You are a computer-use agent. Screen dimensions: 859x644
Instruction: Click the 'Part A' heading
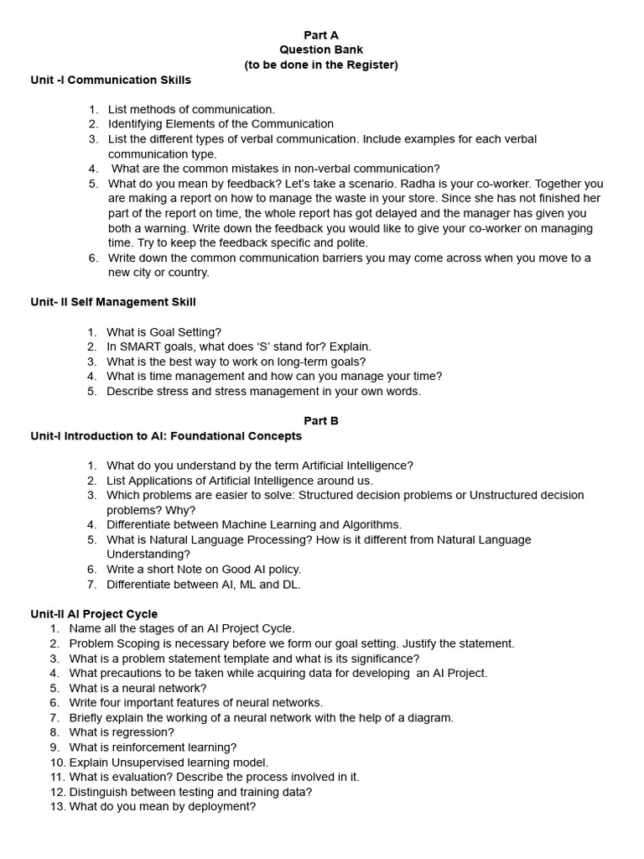pos(321,35)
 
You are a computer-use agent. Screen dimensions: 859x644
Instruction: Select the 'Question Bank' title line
pos(321,49)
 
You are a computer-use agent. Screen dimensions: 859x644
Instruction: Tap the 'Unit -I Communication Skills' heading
pos(111,81)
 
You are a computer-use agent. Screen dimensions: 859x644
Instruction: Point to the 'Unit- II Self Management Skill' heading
pos(113,302)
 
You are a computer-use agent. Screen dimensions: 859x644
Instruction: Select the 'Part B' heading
pos(321,421)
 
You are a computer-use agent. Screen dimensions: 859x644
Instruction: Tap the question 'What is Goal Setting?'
pos(164,332)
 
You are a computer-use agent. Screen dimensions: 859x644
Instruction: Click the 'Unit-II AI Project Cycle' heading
pos(94,614)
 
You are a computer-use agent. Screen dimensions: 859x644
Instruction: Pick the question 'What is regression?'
pos(122,732)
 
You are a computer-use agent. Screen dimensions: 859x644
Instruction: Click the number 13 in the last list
pos(57,807)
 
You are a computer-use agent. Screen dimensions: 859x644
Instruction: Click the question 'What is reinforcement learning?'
pos(153,747)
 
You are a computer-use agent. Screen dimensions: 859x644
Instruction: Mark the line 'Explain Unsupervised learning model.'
pos(169,763)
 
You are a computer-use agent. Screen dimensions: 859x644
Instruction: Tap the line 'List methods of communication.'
pos(191,110)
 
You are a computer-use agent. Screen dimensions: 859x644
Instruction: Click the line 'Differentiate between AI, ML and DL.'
pos(203,585)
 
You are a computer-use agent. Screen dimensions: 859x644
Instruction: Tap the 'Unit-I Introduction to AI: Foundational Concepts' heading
pos(166,436)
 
